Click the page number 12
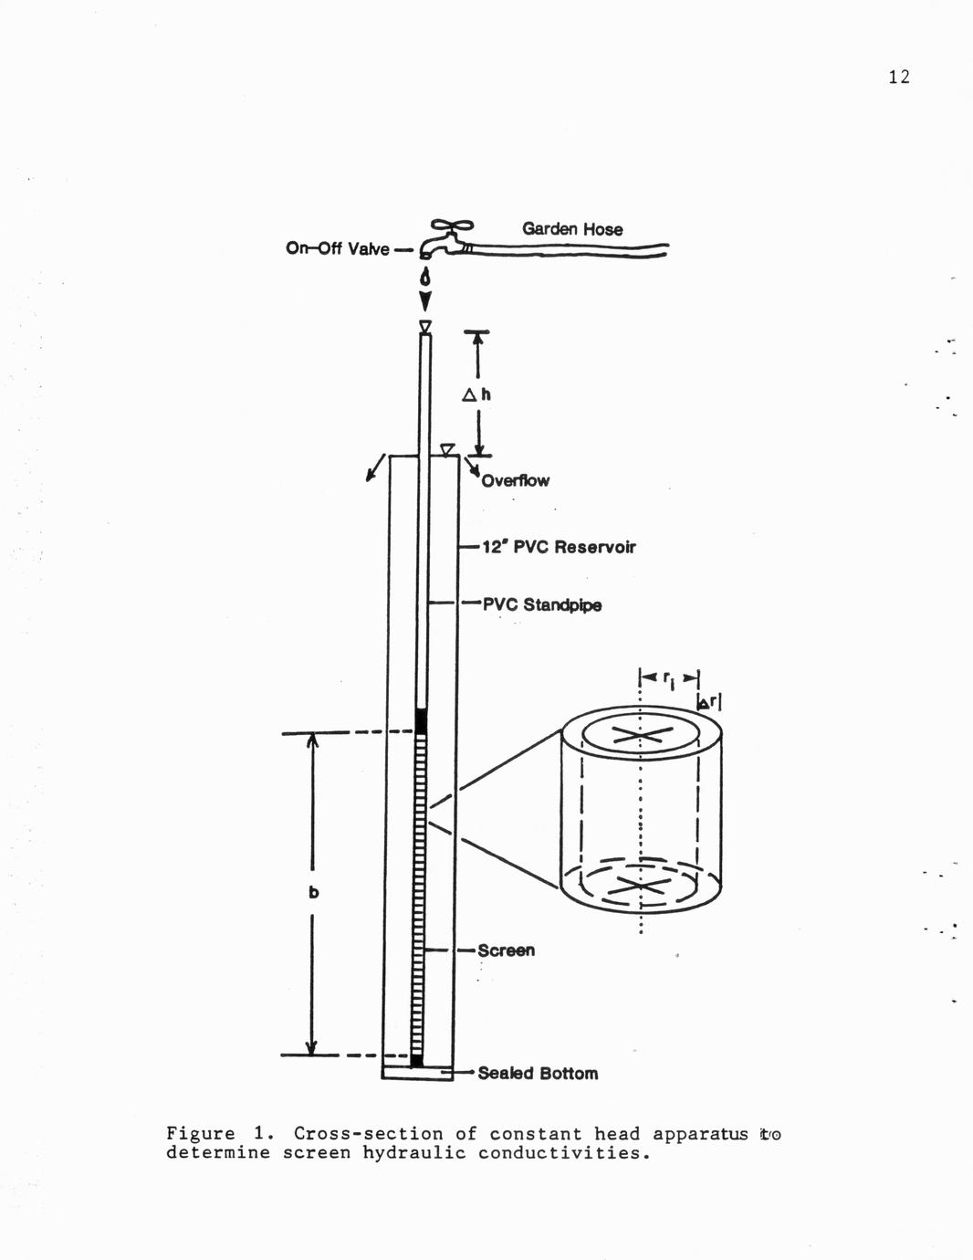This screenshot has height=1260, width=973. [x=899, y=77]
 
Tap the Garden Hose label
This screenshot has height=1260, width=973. [x=572, y=229]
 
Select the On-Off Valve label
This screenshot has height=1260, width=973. [x=338, y=248]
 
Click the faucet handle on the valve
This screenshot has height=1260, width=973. [x=452, y=226]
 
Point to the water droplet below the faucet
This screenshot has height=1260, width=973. [x=426, y=278]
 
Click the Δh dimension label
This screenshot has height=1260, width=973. [x=476, y=394]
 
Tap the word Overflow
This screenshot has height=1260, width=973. [x=515, y=480]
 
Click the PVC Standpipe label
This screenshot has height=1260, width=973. [x=542, y=604]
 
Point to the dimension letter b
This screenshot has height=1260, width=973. [x=313, y=892]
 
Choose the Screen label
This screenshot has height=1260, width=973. [x=506, y=950]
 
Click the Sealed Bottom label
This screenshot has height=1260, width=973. [x=538, y=1074]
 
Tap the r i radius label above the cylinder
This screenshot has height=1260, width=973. [x=668, y=679]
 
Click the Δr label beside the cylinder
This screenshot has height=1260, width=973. [x=708, y=703]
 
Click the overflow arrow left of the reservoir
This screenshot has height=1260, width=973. [x=375, y=467]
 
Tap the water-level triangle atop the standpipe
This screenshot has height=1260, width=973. [x=426, y=327]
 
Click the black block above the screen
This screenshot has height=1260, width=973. [x=422, y=722]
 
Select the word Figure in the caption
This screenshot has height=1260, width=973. [x=201, y=1134]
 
